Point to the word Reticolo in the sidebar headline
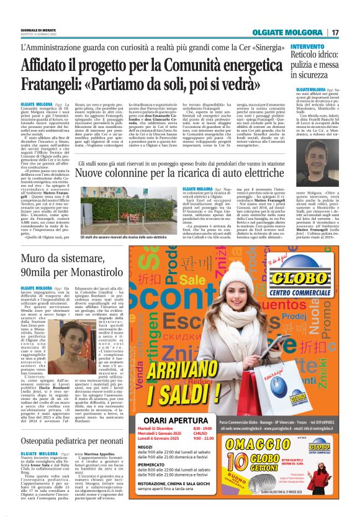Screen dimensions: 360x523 click(x=310, y=57)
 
